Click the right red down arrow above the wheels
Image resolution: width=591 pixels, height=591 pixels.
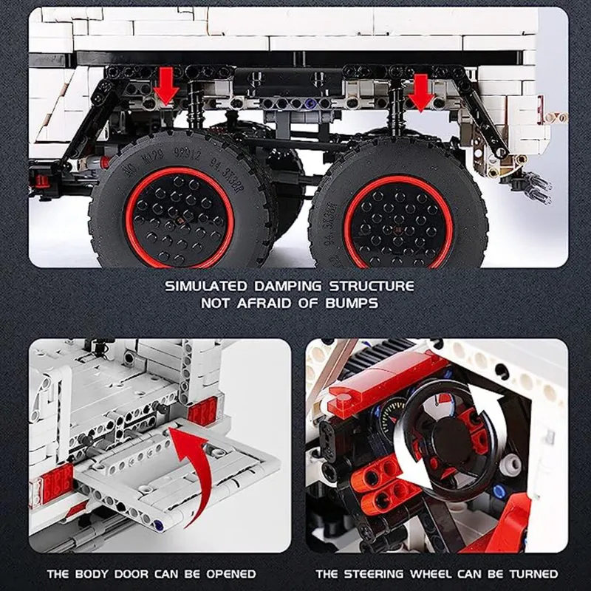(421, 93)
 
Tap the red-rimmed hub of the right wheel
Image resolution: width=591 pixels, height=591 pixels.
(398, 222)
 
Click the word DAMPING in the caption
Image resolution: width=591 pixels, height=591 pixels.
(288, 286)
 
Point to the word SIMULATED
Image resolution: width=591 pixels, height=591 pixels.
(206, 286)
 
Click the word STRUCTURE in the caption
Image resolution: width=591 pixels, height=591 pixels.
(372, 286)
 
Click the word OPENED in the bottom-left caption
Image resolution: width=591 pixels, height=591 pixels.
(231, 574)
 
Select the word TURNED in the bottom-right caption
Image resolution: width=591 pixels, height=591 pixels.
(533, 574)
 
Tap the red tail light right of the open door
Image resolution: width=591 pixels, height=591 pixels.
(202, 411)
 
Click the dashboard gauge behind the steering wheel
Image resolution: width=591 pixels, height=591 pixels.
(392, 414)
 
